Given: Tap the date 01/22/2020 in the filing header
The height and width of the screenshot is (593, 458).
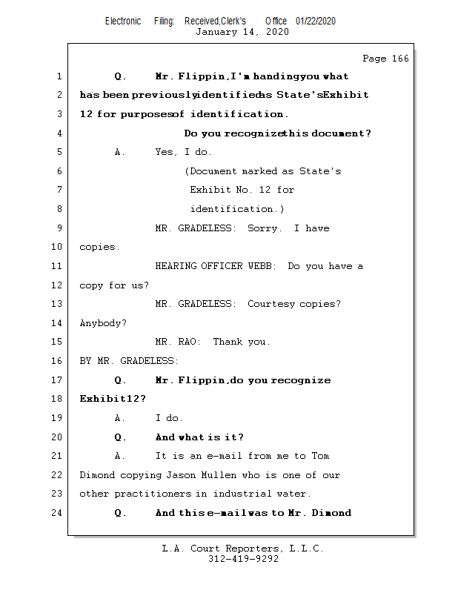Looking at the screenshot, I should pyautogui.click(x=315, y=21).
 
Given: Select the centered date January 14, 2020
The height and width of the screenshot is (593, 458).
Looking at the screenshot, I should pyautogui.click(x=242, y=32).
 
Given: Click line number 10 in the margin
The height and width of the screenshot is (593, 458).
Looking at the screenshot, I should pyautogui.click(x=58, y=247).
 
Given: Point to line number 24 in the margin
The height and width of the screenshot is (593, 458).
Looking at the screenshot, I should pyautogui.click(x=58, y=512).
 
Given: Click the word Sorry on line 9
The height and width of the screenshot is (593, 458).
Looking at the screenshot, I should pyautogui.click(x=264, y=228).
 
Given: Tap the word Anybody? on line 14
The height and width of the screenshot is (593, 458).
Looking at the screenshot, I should pyautogui.click(x=103, y=323).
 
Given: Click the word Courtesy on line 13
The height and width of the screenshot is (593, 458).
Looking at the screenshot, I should pyautogui.click(x=271, y=304).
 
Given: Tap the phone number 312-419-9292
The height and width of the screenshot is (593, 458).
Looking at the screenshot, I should pyautogui.click(x=243, y=559).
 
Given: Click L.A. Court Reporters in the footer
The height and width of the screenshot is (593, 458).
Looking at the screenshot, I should pyautogui.click(x=221, y=549).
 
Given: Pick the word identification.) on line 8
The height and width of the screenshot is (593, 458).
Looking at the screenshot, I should pyautogui.click(x=232, y=209).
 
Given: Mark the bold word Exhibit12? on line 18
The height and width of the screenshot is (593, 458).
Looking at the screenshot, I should pyautogui.click(x=113, y=399).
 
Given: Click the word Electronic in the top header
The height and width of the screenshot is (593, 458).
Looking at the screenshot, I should pyautogui.click(x=123, y=21).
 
